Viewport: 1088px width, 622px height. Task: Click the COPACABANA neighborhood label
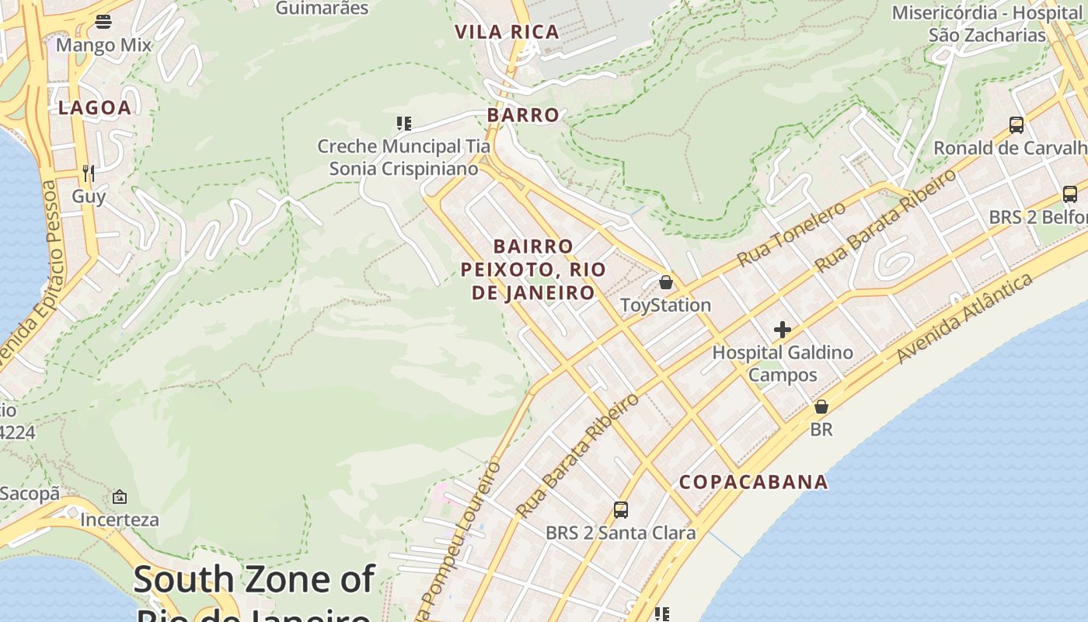click(x=753, y=482)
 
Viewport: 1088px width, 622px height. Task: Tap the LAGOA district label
click(x=95, y=108)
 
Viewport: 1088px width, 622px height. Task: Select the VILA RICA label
click(x=507, y=32)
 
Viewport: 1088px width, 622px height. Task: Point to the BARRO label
click(x=523, y=115)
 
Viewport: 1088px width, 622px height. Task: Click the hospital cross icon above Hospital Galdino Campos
click(x=782, y=330)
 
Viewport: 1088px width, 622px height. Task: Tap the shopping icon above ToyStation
click(x=665, y=282)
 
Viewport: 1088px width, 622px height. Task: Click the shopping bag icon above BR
click(x=821, y=407)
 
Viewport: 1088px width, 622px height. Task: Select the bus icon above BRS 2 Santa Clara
click(x=620, y=510)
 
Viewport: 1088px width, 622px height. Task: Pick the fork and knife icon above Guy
click(x=89, y=173)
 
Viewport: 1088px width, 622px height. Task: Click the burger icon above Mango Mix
click(x=103, y=22)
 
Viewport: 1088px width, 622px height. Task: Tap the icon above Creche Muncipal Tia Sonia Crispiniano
click(x=403, y=123)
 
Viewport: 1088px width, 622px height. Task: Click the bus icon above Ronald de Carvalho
click(x=1016, y=124)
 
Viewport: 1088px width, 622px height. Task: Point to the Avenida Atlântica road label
click(x=964, y=318)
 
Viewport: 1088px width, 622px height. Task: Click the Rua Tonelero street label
click(x=790, y=233)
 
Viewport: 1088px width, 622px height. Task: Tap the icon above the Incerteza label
click(x=120, y=497)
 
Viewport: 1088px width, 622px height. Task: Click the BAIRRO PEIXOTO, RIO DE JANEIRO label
click(x=533, y=270)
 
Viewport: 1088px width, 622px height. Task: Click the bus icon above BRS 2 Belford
click(x=1069, y=194)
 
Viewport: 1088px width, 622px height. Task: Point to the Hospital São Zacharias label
click(x=987, y=24)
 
